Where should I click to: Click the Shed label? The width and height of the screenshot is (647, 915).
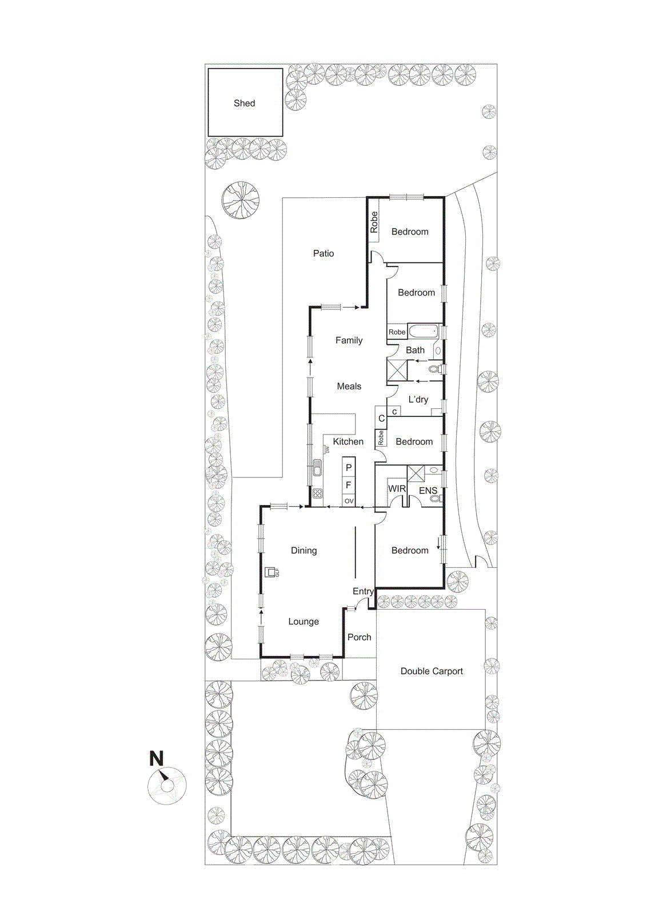pos(244,104)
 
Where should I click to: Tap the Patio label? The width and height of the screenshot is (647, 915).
pos(323,253)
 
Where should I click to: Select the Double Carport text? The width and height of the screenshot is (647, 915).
pos(432,671)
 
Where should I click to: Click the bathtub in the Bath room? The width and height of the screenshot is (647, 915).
pos(424,331)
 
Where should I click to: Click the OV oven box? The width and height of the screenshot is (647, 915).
pos(349,501)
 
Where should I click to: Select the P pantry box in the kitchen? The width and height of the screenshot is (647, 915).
pos(349,467)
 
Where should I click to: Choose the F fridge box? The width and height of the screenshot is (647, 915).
pos(349,486)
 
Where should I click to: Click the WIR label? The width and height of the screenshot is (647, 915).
pos(397,488)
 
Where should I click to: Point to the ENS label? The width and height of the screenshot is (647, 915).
pos(428,491)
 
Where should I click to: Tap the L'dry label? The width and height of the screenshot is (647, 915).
pos(418,400)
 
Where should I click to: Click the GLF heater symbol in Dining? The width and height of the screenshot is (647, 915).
pos(270,572)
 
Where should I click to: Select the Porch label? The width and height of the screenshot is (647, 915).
pos(359,637)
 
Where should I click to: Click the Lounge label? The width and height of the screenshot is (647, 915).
pos(303,621)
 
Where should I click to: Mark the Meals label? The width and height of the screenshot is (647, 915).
pos(349,386)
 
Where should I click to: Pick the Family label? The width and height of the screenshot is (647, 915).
pos(349,340)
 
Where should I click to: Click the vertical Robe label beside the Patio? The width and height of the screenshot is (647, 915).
pos(374,222)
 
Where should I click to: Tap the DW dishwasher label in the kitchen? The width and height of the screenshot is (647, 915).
pos(327,449)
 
